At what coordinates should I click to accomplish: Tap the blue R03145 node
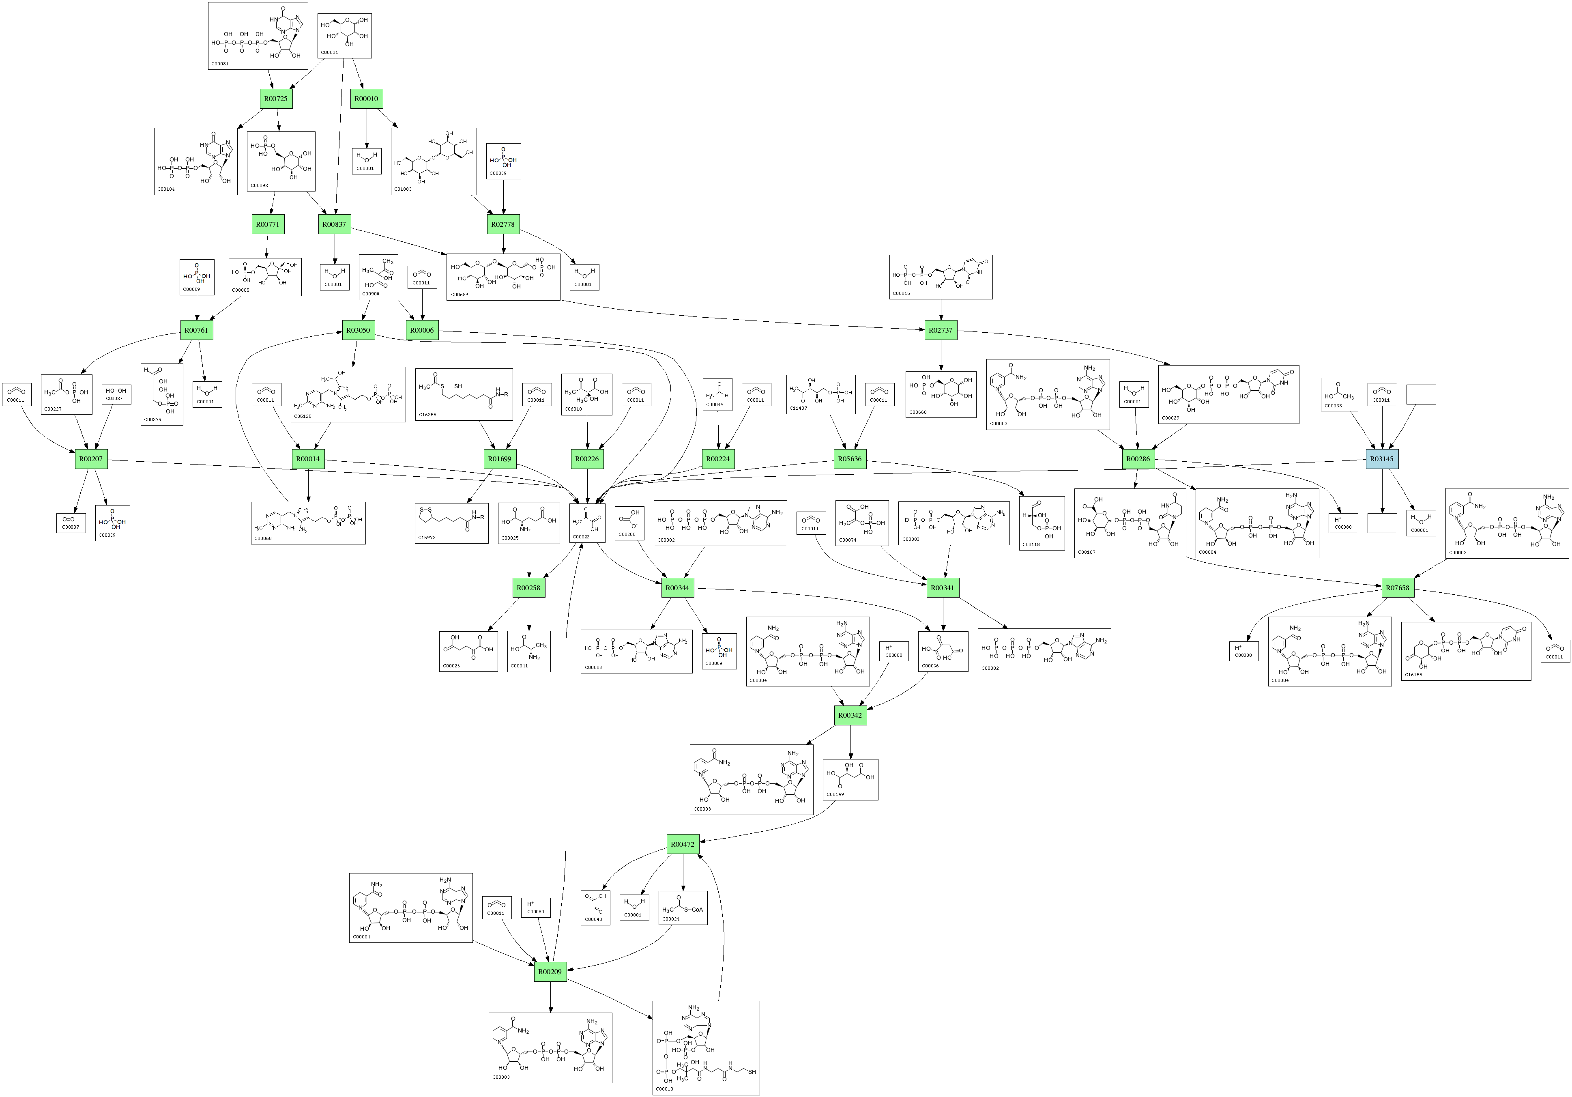[x=1382, y=459]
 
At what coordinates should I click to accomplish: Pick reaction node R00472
[x=683, y=844]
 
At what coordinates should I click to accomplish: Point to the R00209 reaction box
[x=550, y=972]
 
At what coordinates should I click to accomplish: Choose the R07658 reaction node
[x=1397, y=588]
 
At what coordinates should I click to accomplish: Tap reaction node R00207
[x=91, y=459]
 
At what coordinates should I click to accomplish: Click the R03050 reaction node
[x=358, y=330]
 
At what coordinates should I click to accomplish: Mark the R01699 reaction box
[x=499, y=459]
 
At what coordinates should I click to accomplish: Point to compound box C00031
[x=345, y=36]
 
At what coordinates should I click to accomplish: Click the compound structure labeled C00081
[x=258, y=36]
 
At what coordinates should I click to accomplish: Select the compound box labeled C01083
[x=434, y=161]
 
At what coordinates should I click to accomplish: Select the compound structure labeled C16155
[x=1465, y=651]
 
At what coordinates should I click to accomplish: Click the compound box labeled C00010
[x=706, y=1048]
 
